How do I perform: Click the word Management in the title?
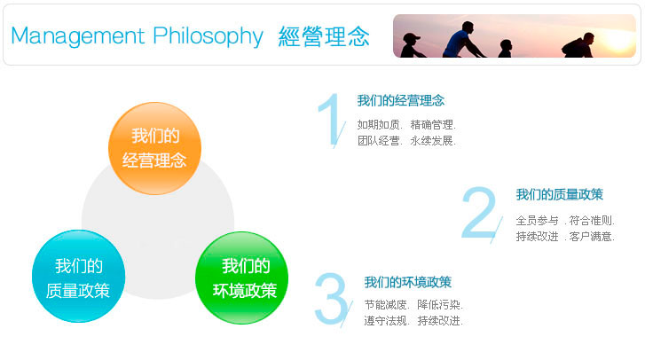point(78,35)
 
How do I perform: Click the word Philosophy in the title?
point(208,36)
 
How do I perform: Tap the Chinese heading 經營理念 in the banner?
point(324,36)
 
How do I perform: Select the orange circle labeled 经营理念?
point(154,148)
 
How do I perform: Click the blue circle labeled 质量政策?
point(78,276)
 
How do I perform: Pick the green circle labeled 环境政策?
point(242,278)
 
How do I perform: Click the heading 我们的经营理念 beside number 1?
point(401,101)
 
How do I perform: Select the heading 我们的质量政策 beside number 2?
point(560,194)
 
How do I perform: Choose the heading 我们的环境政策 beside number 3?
point(407,282)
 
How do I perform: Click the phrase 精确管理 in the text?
point(431,124)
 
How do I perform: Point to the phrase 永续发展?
point(431,141)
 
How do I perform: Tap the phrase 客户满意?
point(590,237)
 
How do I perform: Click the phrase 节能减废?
point(385,304)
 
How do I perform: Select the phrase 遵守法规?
point(385,321)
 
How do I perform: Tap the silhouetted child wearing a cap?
point(412,45)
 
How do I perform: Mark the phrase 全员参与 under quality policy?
point(538,221)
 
